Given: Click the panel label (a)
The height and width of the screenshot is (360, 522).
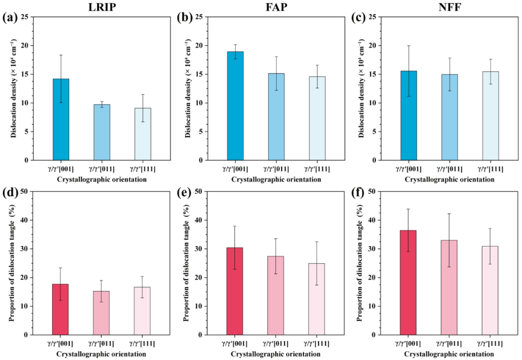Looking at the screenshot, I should point(10,19).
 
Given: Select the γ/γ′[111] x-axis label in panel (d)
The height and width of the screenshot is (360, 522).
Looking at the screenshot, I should point(142,343).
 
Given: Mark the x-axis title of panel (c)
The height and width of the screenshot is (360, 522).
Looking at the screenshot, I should point(449,179).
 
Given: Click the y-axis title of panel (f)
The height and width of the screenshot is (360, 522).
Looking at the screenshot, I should point(360,263).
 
